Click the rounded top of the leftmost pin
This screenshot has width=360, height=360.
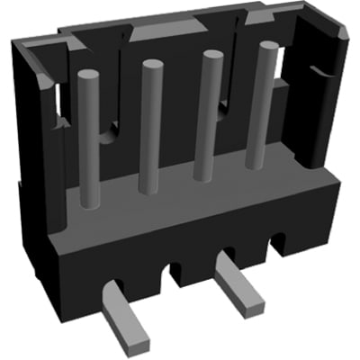pyautogui.click(x=87, y=76)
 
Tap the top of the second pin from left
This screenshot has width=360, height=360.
pyautogui.click(x=150, y=66)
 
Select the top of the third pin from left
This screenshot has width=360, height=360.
pyautogui.click(x=212, y=57)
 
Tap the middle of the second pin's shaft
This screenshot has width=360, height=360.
pyautogui.click(x=149, y=135)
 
